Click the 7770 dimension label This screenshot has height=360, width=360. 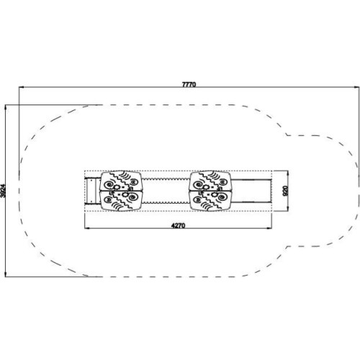189,84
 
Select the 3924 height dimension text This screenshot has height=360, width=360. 3,191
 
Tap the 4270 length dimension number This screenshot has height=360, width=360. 178,225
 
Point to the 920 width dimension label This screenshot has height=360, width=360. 285,191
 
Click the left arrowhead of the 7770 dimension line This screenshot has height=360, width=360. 22,87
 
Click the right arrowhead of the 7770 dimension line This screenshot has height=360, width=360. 357,87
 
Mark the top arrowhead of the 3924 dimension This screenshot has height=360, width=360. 5,108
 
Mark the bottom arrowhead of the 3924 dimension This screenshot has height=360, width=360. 5,274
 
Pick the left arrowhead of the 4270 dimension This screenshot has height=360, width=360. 87,228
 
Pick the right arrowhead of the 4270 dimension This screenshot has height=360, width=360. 269,228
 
